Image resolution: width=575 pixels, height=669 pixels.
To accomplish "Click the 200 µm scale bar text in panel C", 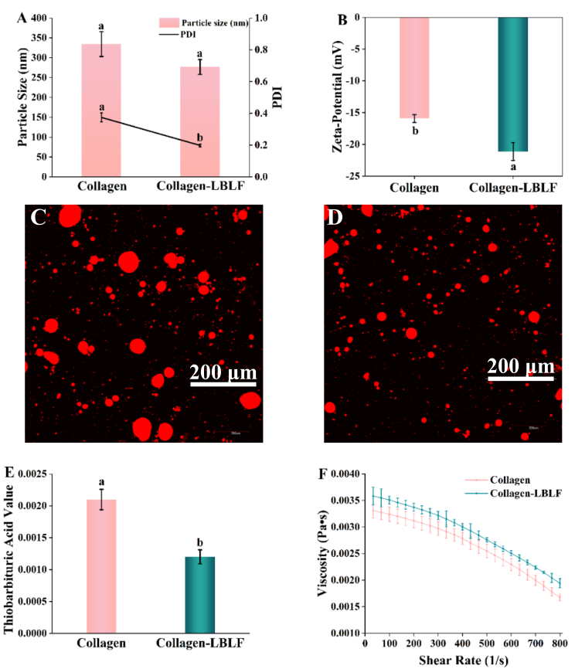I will [x=223, y=375].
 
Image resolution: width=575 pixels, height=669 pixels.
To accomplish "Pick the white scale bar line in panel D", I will [x=520, y=378].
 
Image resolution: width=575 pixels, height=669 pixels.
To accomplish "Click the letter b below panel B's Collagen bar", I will [x=415, y=131].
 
